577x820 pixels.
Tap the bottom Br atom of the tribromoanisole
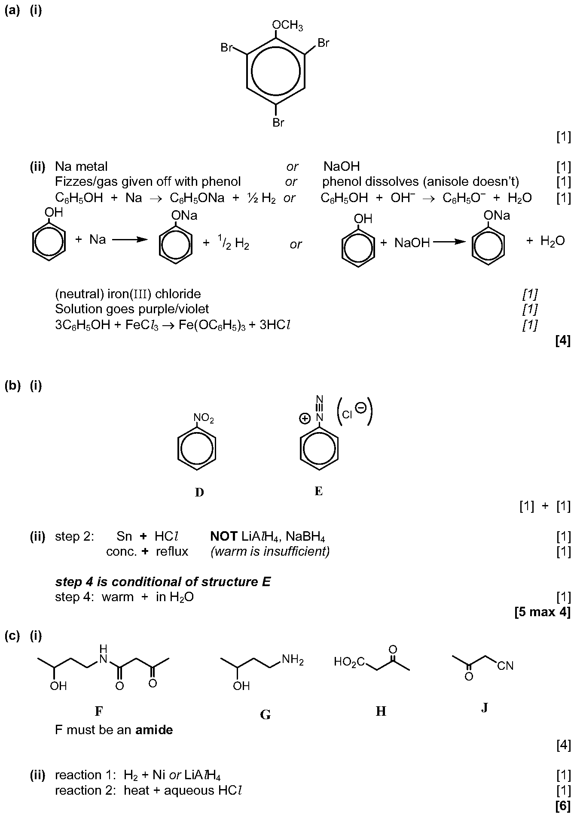[x=278, y=123]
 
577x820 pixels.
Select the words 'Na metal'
[x=81, y=166]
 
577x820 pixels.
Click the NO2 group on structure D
[x=204, y=418]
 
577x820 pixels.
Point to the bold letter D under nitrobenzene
[x=199, y=492]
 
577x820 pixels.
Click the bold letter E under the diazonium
[x=318, y=491]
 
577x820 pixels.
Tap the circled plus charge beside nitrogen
[x=305, y=418]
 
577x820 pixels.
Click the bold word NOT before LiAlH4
[x=223, y=536]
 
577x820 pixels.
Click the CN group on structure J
[x=506, y=666]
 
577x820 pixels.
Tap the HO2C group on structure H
[x=349, y=663]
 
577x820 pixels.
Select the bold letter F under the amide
[x=99, y=711]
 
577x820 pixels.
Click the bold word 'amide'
[x=154, y=730]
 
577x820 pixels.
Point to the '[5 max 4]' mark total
[x=542, y=612]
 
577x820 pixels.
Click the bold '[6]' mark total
[x=563, y=806]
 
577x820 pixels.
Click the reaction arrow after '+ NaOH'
[x=449, y=242]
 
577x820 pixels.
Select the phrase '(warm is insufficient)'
[x=270, y=551]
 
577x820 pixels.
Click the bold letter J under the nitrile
[x=484, y=708]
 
